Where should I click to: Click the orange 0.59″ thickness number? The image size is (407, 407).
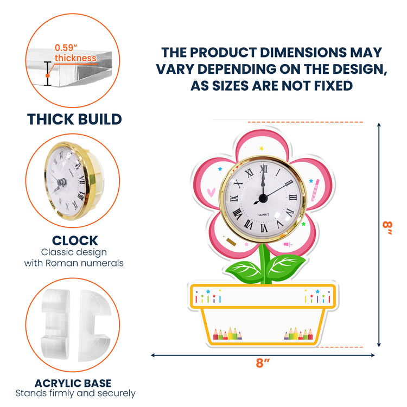[66, 48]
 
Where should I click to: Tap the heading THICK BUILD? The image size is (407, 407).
[74, 119]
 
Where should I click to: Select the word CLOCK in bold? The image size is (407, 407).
[75, 240]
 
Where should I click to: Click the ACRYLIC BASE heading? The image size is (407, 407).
[73, 383]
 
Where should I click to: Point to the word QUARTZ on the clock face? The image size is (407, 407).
[264, 215]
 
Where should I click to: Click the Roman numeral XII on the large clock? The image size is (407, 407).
[264, 169]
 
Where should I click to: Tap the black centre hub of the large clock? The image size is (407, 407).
[263, 199]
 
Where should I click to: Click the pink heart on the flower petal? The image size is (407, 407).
[211, 192]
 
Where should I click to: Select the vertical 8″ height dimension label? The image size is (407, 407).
[387, 228]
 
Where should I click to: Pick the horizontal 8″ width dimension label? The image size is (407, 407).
[263, 363]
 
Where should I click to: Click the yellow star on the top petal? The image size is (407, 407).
[262, 148]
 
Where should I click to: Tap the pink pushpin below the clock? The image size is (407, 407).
[288, 244]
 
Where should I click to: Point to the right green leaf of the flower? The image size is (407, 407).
[285, 268]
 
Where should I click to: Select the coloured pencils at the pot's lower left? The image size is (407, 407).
[227, 334]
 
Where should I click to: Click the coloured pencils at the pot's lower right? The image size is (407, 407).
[298, 334]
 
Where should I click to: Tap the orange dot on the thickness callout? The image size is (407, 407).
[48, 75]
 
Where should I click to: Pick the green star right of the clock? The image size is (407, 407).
[303, 224]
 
